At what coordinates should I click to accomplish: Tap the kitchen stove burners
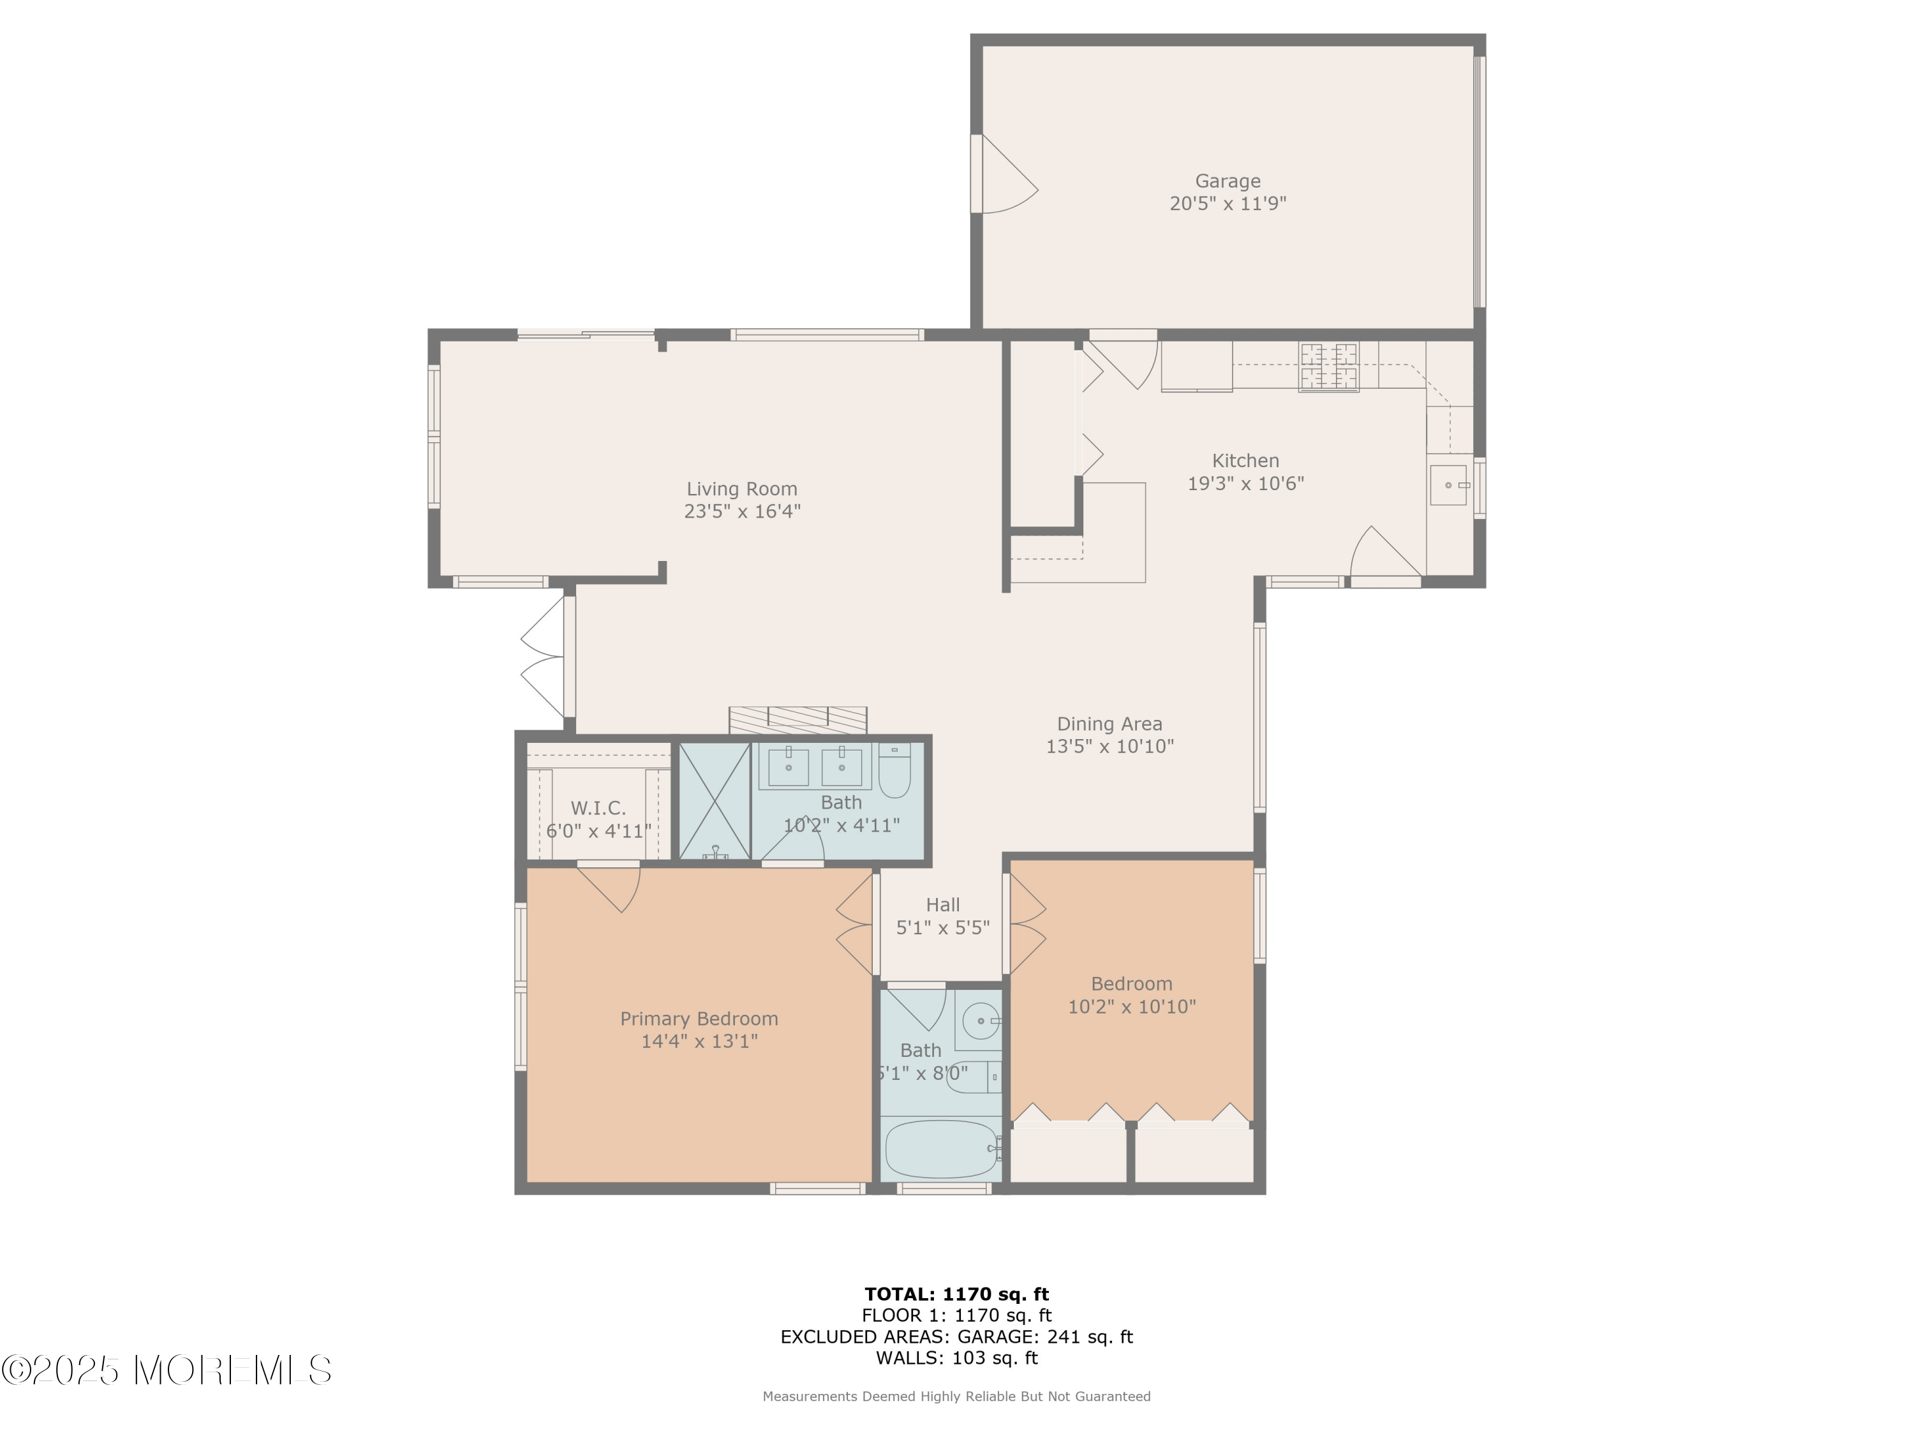[x=1328, y=367]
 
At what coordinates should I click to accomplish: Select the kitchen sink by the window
[x=1450, y=484]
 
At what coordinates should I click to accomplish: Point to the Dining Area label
[x=1109, y=724]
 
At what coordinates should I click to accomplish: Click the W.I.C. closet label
[x=598, y=807]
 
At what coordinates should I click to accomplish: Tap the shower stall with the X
[x=714, y=801]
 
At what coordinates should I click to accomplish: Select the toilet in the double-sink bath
[x=894, y=770]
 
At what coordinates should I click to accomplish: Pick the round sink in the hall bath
[x=981, y=1021]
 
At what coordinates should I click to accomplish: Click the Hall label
[x=942, y=904]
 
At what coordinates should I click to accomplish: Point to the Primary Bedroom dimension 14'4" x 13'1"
[x=699, y=1040]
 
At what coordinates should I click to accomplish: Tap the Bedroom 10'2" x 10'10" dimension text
[x=1132, y=1006]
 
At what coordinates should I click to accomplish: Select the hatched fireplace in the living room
[x=797, y=720]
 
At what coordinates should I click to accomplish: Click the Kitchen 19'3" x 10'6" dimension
[x=1245, y=483]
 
